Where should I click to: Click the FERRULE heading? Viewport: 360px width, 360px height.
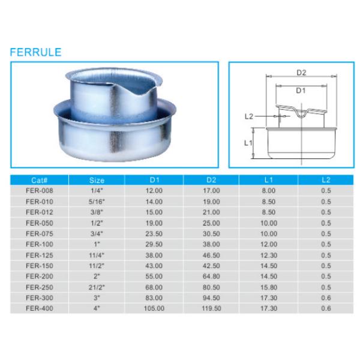35,52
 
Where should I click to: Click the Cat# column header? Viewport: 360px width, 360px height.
40,179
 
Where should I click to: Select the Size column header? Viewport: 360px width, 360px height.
97,179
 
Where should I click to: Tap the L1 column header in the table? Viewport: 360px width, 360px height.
268,179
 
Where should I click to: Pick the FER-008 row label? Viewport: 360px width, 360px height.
40,190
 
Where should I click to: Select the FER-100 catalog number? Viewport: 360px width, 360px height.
40,244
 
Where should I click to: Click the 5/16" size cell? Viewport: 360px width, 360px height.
97,200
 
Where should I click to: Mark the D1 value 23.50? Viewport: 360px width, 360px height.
154,233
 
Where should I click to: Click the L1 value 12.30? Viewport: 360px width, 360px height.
268,254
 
